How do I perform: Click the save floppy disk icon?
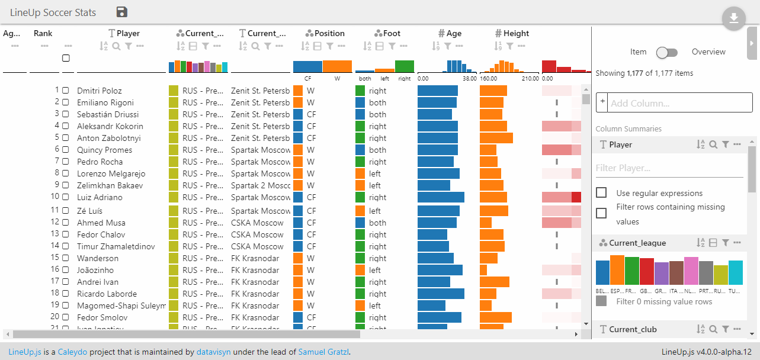pos(122,12)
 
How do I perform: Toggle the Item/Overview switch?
pos(667,52)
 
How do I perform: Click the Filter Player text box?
pos(669,168)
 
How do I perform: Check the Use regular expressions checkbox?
pos(601,193)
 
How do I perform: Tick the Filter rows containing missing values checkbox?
pos(601,213)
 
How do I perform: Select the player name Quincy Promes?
pos(104,150)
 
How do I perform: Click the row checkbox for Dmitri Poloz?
pos(66,91)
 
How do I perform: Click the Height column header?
pos(516,34)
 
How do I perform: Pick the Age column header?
pos(453,34)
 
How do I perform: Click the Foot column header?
pos(391,34)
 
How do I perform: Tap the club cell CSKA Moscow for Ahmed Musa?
pos(257,223)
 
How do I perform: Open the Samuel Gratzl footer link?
pos(323,352)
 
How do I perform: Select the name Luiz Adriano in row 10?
pos(100,197)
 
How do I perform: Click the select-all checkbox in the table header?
pos(66,58)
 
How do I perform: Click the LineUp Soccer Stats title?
pos(53,12)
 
